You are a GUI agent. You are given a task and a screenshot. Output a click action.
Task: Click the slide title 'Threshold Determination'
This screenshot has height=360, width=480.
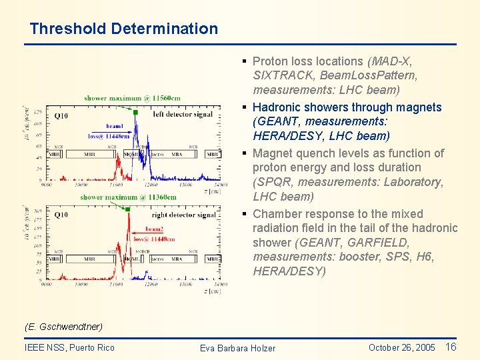(123, 29)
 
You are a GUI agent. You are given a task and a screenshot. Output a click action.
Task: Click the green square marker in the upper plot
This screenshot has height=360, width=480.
(135, 113)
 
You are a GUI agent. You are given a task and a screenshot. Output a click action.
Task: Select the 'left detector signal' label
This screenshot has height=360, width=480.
(183, 114)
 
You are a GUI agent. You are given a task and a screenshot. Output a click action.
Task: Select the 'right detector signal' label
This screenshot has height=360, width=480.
(183, 215)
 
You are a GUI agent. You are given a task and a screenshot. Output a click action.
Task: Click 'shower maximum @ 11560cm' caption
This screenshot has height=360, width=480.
(132, 98)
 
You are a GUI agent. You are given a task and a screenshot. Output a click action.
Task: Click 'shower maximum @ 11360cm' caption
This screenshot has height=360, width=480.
(128, 197)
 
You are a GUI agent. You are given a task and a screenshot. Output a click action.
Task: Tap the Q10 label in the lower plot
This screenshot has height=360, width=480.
(61, 215)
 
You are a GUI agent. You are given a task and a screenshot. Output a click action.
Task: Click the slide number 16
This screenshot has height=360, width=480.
(451, 347)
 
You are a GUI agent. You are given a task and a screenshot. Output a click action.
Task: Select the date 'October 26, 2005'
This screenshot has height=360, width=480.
(401, 347)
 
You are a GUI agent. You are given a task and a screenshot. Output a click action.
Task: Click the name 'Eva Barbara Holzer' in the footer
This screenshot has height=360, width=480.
(237, 348)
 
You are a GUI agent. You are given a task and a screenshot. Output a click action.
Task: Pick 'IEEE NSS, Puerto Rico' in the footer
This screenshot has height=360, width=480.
(69, 347)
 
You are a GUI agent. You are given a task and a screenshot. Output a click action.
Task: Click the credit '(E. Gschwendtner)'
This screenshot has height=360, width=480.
(63, 327)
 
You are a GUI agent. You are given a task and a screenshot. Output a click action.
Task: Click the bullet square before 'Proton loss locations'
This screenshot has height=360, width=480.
(245, 61)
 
